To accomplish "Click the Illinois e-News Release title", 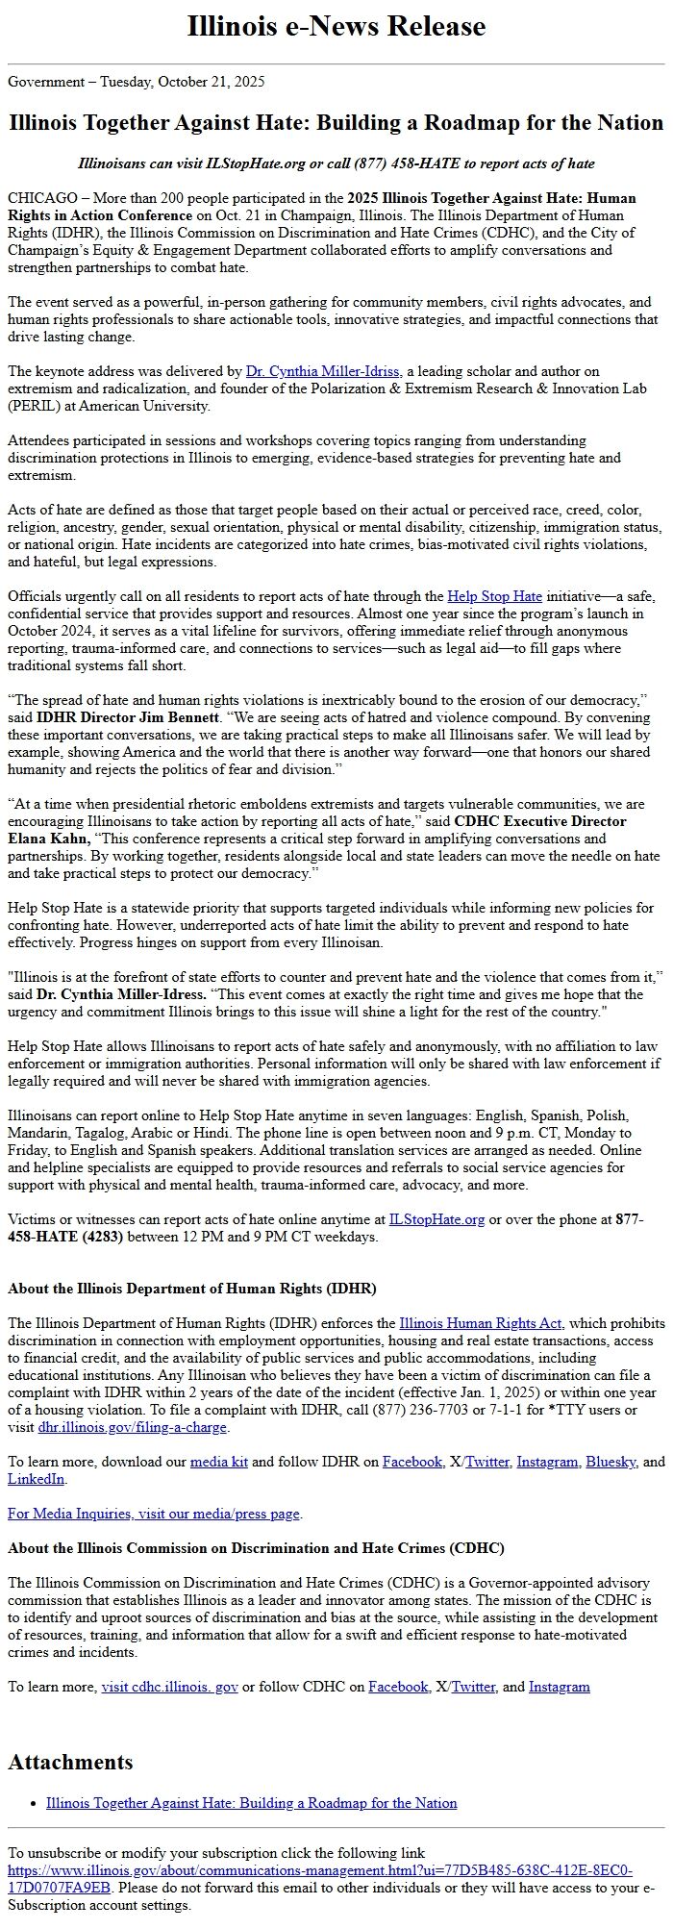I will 336,26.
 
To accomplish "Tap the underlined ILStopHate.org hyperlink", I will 436,1219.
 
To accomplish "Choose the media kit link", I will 219,1462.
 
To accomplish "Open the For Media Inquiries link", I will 154,1514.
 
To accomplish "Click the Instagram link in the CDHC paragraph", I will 559,1687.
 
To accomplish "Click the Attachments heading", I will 70,1762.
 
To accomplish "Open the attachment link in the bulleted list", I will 251,1802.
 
